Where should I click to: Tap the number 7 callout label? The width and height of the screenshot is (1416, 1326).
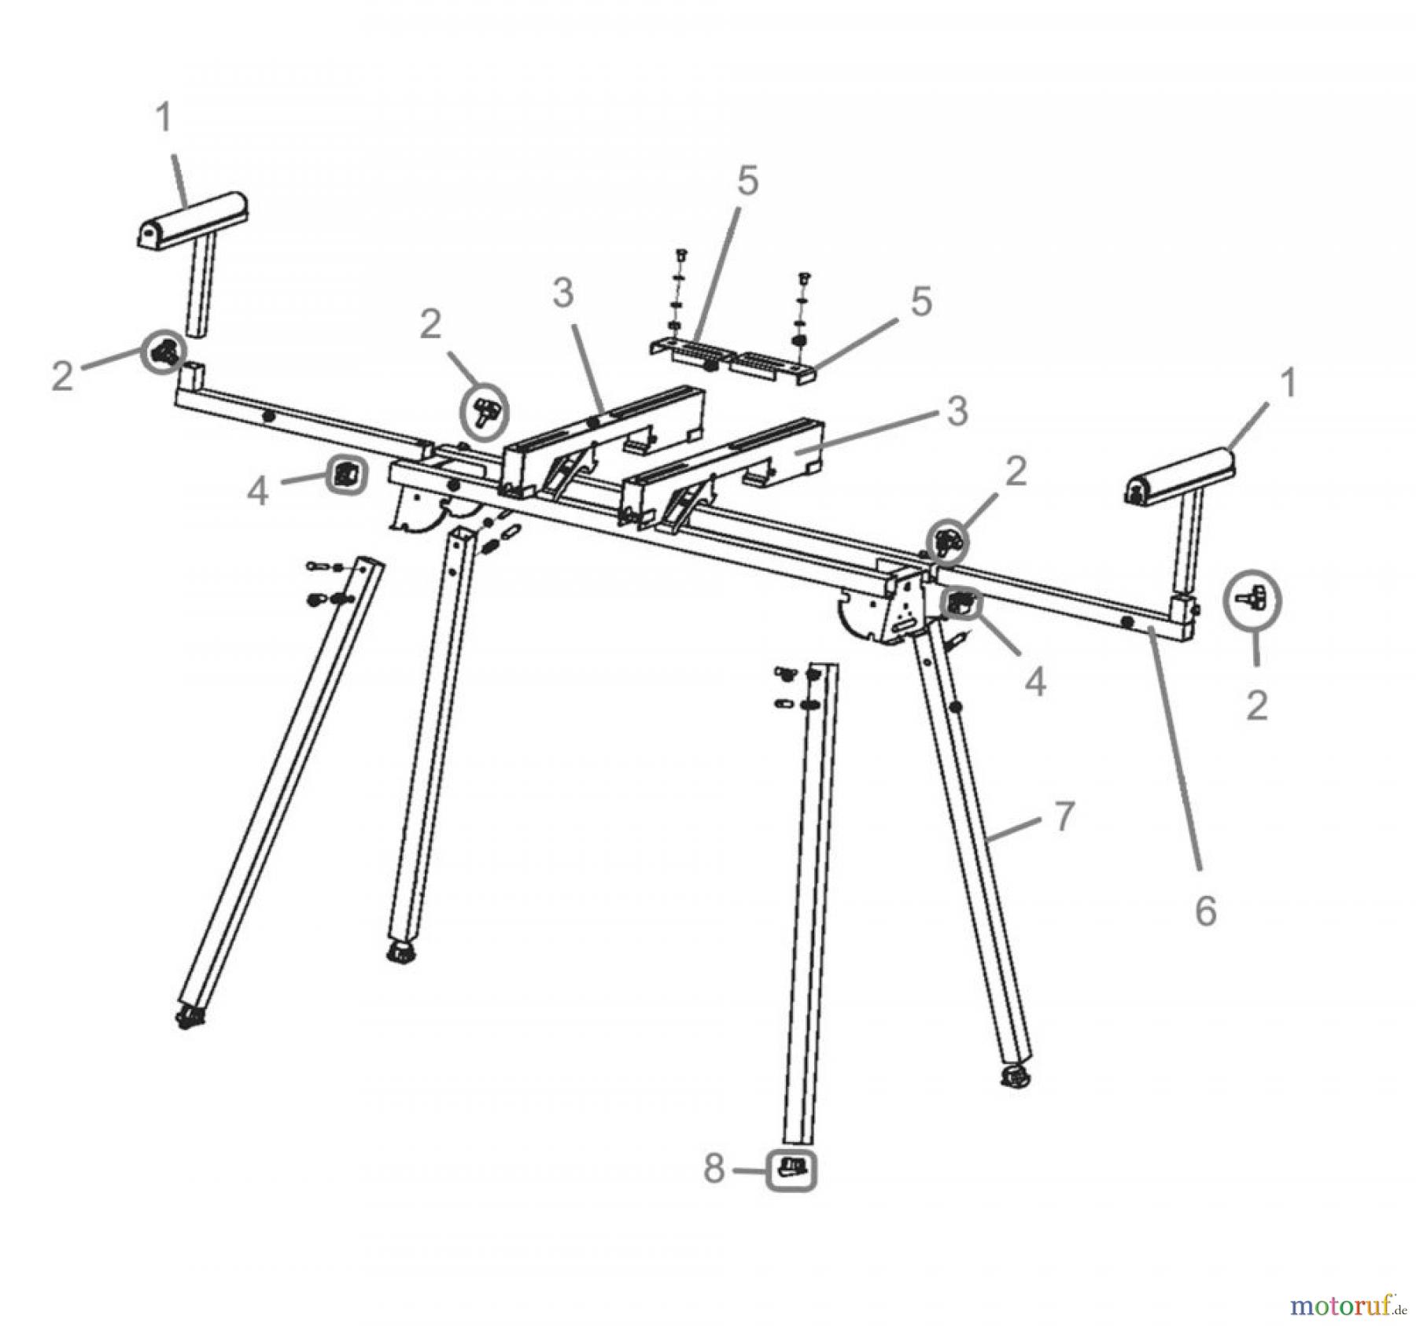pyautogui.click(x=1064, y=816)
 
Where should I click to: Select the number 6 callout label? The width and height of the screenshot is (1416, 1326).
pyautogui.click(x=1205, y=911)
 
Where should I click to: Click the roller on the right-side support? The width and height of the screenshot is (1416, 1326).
pyautogui.click(x=1180, y=475)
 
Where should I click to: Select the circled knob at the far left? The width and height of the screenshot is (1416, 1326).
pyautogui.click(x=164, y=351)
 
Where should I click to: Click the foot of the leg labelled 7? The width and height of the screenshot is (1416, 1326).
pyautogui.click(x=1016, y=1077)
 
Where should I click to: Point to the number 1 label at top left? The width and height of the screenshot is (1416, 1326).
pyautogui.click(x=164, y=119)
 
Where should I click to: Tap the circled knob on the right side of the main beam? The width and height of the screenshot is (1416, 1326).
pyautogui.click(x=947, y=541)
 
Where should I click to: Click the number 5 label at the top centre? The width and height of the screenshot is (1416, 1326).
pyautogui.click(x=747, y=181)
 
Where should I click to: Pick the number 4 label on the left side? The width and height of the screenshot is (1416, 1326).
pyautogui.click(x=257, y=492)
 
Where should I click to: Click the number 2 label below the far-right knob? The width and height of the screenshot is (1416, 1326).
pyautogui.click(x=1257, y=705)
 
